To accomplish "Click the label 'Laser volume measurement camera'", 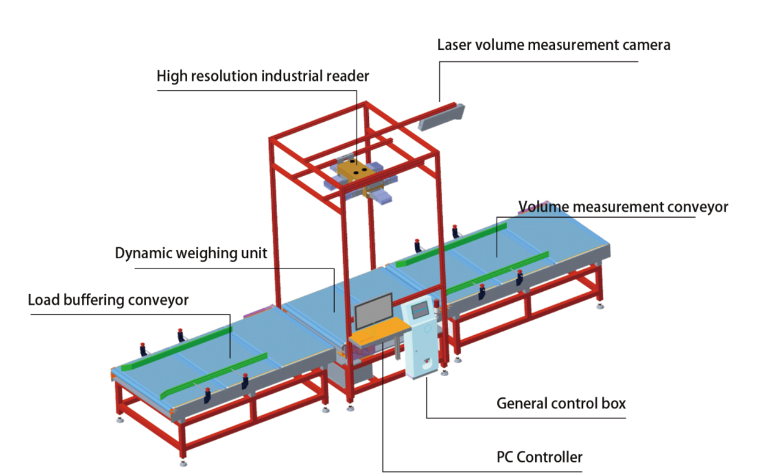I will pyautogui.click(x=553, y=45).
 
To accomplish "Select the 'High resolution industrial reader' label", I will pyautogui.click(x=262, y=76).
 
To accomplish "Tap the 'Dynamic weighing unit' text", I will pyautogui.click(x=190, y=253).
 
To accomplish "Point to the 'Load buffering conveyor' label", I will pyautogui.click(x=108, y=300).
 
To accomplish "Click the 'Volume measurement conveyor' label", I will pyautogui.click(x=623, y=207).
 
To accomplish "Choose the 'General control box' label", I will pyautogui.click(x=560, y=404).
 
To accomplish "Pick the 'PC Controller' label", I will pyautogui.click(x=539, y=457).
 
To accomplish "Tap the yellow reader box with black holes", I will pyautogui.click(x=355, y=171).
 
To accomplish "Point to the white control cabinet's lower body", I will pyautogui.click(x=423, y=356).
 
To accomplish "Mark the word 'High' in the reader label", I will pyautogui.click(x=169, y=76).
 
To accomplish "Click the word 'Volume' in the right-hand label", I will pyautogui.click(x=543, y=207).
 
